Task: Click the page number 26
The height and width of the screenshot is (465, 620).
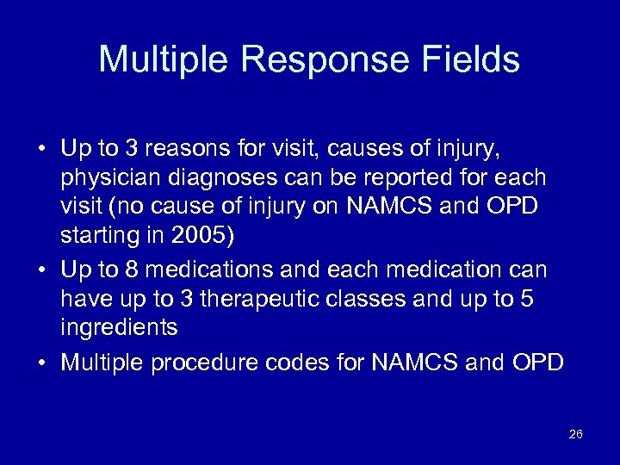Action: (576, 434)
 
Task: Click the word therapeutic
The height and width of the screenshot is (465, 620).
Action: (236, 299)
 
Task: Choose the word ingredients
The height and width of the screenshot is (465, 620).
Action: (119, 327)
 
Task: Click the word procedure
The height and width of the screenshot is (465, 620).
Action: (204, 363)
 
